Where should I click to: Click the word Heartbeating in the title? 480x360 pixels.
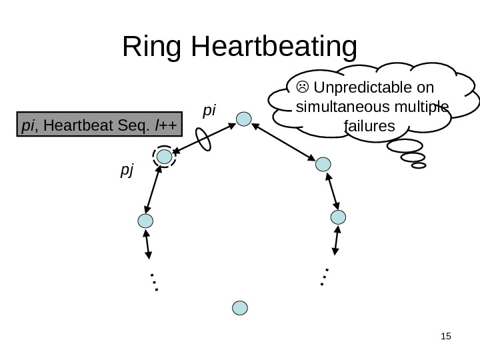pos(274,49)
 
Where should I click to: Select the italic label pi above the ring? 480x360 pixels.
pos(210,107)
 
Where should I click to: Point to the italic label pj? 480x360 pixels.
pos(127,171)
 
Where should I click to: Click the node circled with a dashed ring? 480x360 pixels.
pos(163,157)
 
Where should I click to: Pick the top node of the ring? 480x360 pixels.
pos(244,119)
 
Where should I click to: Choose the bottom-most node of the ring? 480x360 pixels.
pos(240,307)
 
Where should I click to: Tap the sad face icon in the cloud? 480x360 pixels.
pos(303,87)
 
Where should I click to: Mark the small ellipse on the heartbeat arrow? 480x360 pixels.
pos(203,139)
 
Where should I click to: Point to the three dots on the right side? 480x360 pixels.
pos(324,276)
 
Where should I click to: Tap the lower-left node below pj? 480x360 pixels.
pos(145,222)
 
